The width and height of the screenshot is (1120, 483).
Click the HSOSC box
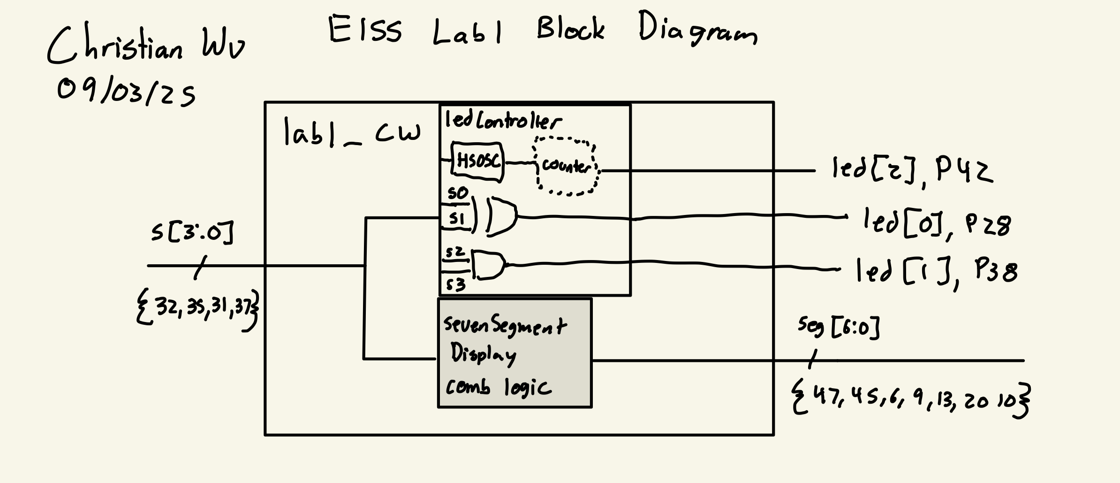(477, 162)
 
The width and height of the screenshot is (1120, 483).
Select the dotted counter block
(567, 166)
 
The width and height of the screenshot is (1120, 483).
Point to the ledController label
(502, 121)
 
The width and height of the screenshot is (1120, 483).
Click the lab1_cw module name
(352, 132)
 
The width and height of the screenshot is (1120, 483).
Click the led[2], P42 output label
(912, 170)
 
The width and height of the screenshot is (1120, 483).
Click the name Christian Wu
(145, 47)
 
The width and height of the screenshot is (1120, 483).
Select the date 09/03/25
(126, 92)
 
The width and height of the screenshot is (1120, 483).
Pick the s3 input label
(455, 284)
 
